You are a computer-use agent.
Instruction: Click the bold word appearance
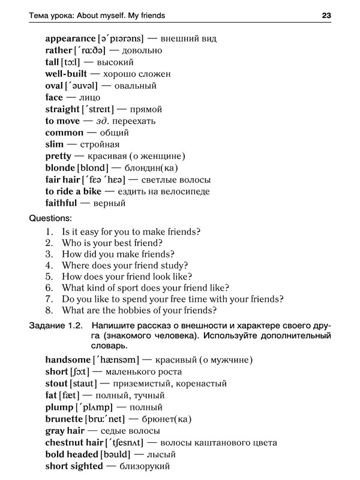(x=70, y=38)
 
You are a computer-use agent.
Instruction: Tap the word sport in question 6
(x=128, y=288)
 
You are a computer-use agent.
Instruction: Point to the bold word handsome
(x=67, y=360)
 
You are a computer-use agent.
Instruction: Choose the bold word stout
(x=56, y=383)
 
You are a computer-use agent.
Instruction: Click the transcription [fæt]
(x=73, y=395)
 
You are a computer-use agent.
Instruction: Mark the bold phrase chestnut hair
(x=73, y=443)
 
